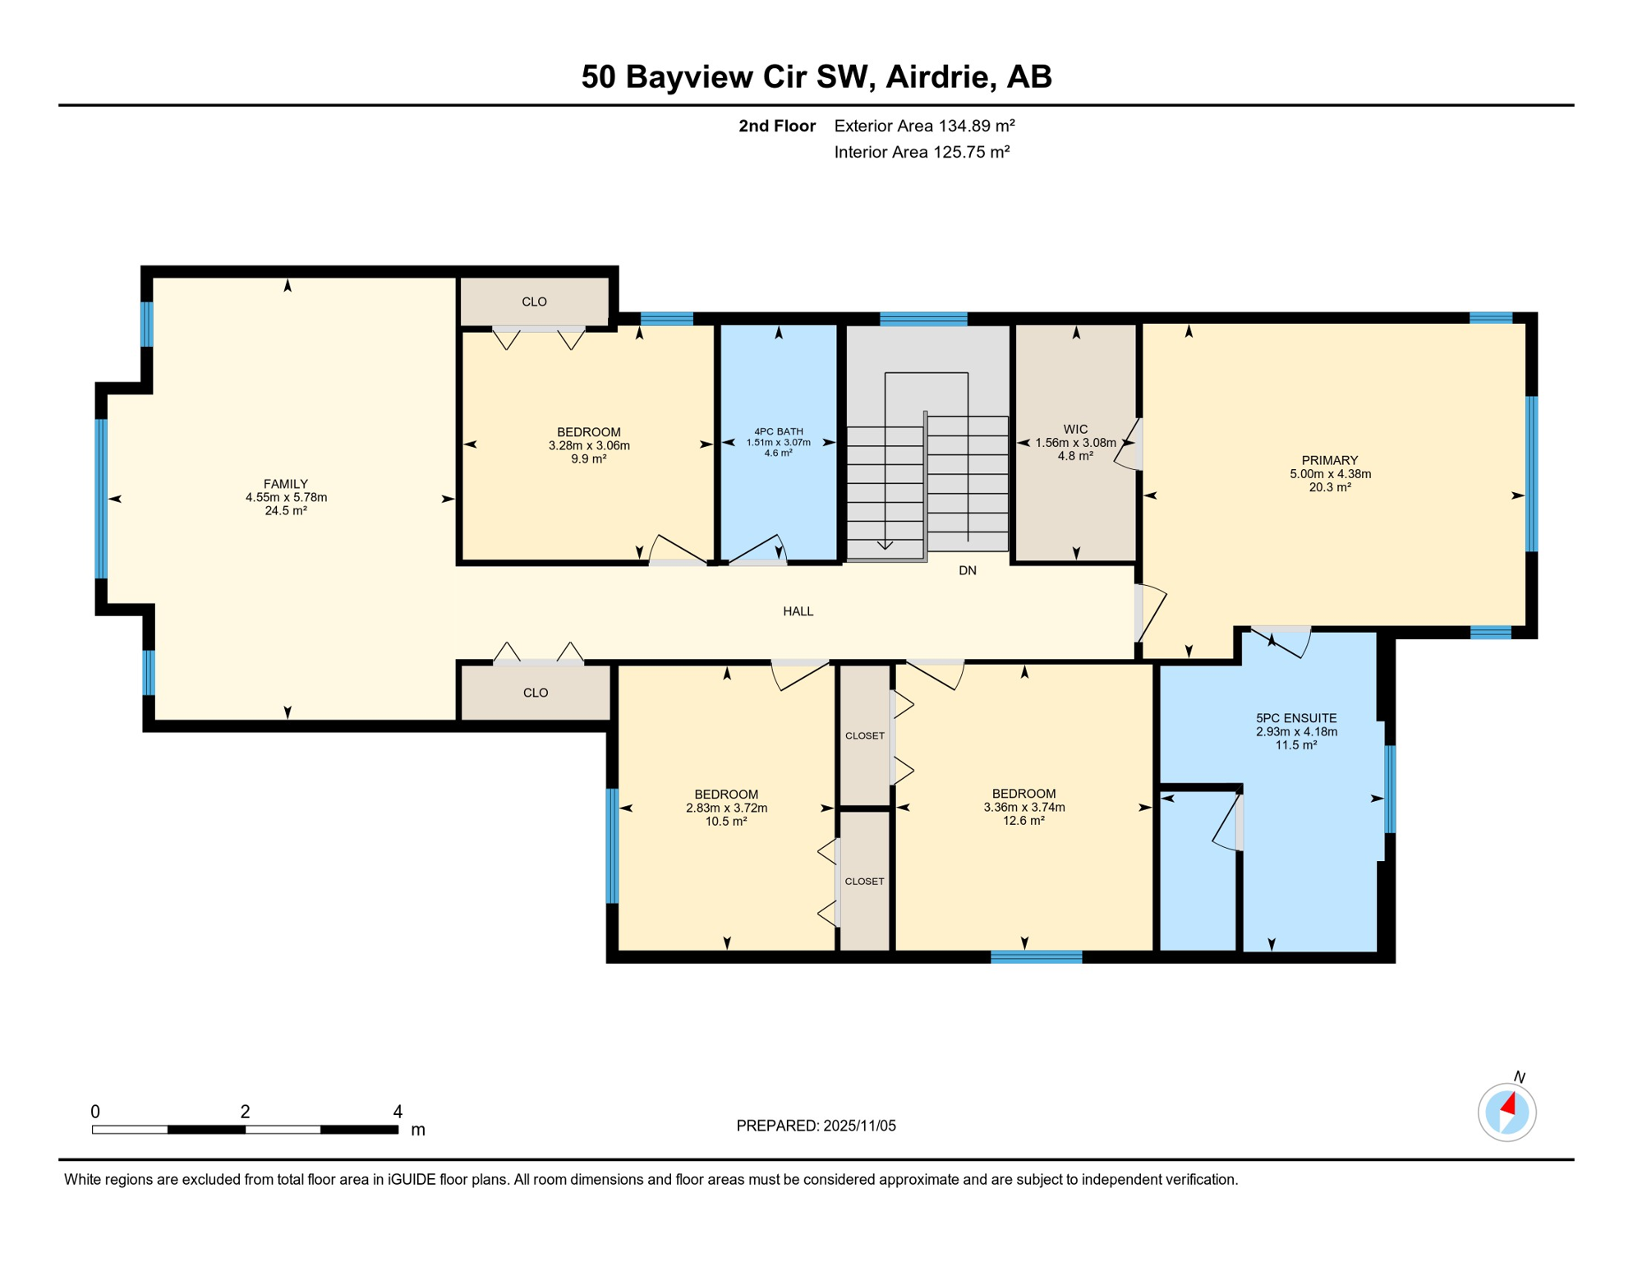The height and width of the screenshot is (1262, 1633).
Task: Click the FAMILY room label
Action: tap(285, 484)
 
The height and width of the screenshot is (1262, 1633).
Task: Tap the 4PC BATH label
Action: tap(778, 431)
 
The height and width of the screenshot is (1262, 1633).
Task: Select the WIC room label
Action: tap(1075, 429)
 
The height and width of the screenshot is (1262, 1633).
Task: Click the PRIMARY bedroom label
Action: tap(1329, 460)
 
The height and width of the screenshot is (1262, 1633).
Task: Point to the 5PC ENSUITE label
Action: tap(1295, 718)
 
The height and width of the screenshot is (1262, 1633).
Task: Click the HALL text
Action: tap(798, 611)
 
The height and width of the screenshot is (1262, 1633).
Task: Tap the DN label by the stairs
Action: tap(967, 570)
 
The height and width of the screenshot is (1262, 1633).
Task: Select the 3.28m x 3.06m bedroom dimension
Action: tap(588, 445)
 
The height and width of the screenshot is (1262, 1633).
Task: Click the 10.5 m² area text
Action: tap(725, 821)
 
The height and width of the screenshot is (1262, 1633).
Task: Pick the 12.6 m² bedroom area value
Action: tap(1023, 820)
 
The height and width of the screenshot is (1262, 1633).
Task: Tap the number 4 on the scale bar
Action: tap(398, 1112)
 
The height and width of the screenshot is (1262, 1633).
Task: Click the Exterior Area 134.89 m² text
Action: tap(924, 126)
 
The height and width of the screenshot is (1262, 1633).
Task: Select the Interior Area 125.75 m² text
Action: tap(921, 152)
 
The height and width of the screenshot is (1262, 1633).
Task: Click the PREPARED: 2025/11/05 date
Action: tap(816, 1126)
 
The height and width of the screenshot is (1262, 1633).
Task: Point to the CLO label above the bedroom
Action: tap(534, 302)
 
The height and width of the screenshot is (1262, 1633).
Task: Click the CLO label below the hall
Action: tap(535, 693)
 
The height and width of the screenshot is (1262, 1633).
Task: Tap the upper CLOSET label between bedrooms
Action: tap(864, 735)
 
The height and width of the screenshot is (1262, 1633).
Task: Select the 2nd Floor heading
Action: tap(776, 126)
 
